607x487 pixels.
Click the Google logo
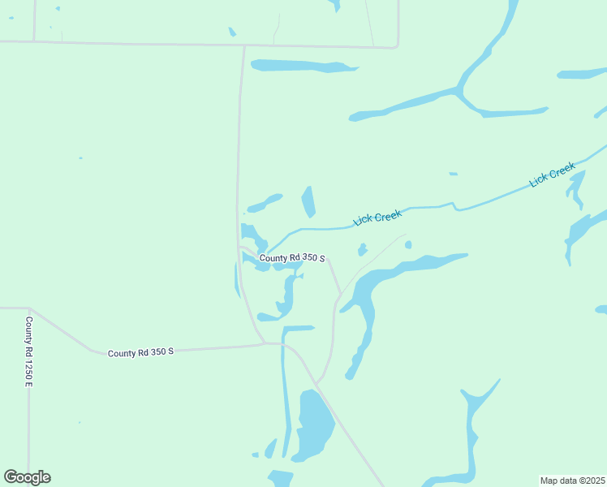(x=27, y=477)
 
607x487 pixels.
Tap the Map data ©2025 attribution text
(x=572, y=481)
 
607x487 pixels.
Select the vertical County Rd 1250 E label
(x=28, y=351)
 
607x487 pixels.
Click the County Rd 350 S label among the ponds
(x=292, y=258)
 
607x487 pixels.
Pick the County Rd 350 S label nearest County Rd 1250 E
(x=140, y=352)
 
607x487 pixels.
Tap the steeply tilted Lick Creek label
(x=552, y=175)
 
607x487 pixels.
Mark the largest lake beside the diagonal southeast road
(x=315, y=424)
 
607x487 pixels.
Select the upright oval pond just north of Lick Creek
(x=308, y=201)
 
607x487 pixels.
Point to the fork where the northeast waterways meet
(x=461, y=92)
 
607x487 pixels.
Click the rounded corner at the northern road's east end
(x=397, y=45)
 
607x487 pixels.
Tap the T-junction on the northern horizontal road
(x=243, y=45)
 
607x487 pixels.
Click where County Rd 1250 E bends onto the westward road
(x=28, y=309)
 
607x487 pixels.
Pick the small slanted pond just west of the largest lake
(x=271, y=448)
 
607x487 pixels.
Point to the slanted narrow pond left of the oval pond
(x=265, y=202)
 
